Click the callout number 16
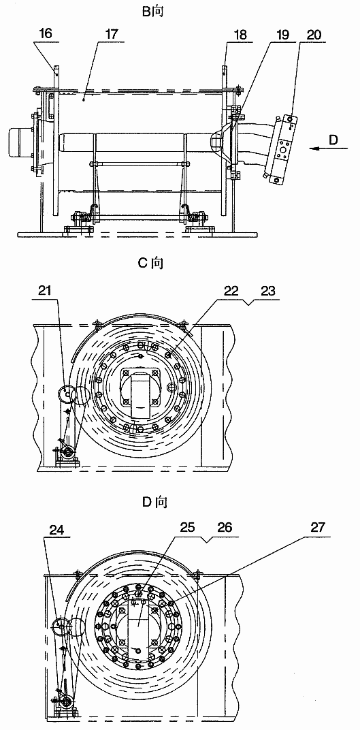pyautogui.click(x=46, y=35)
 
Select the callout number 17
pyautogui.click(x=112, y=35)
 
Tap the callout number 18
pyautogui.click(x=241, y=35)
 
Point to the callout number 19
pyautogui.click(x=282, y=35)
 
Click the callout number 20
pyautogui.click(x=311, y=35)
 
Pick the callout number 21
pyautogui.click(x=45, y=291)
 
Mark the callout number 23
pyautogui.click(x=267, y=291)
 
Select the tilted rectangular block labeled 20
pyautogui.click(x=282, y=147)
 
